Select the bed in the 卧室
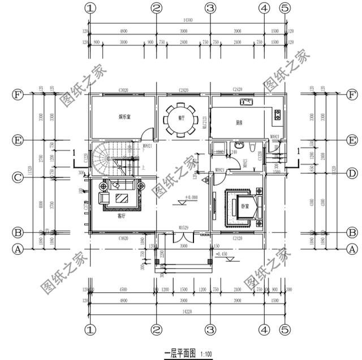pyautogui.click(x=245, y=205)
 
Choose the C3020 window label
pyautogui.click(x=124, y=90)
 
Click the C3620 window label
pyautogui.click(x=124, y=240)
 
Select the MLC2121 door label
pyautogui.click(x=206, y=122)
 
